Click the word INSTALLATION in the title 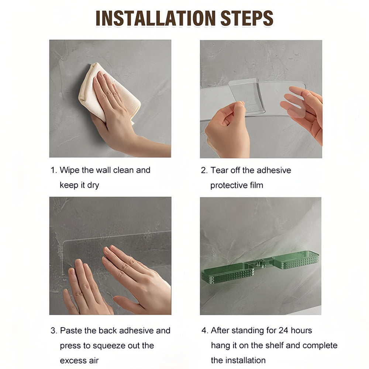[x=155, y=18]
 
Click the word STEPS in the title [x=246, y=18]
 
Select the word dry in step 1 [x=93, y=186]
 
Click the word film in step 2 [x=256, y=185]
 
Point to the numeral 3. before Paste [x=54, y=330]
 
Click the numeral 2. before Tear [x=204, y=170]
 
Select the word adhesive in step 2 [x=274, y=170]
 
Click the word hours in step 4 [x=301, y=330]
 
